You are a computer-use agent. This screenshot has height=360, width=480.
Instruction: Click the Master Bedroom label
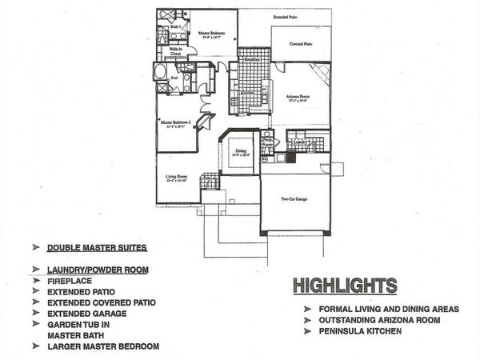point(211,34)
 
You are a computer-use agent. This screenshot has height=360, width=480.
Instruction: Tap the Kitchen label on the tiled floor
point(247,93)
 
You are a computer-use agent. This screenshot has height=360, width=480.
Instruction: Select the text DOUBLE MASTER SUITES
point(97,248)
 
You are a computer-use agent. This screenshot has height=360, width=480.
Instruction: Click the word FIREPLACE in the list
point(69,281)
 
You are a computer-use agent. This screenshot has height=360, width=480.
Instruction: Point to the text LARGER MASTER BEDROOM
point(102,346)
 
